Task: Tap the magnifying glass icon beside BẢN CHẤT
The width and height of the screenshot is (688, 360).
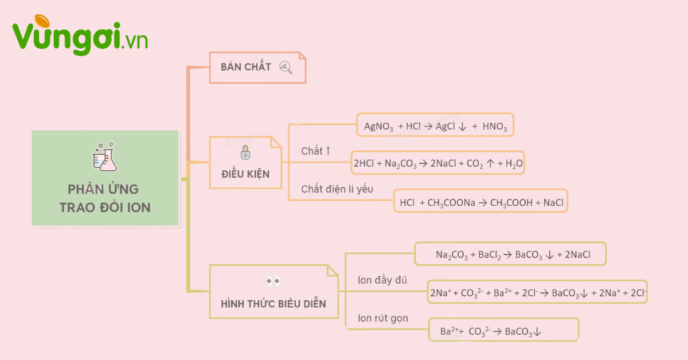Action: point(286,67)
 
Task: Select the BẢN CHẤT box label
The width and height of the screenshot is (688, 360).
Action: point(246,67)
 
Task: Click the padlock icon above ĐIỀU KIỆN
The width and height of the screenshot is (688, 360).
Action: point(245,152)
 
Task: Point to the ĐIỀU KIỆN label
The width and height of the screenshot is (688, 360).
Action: point(245,174)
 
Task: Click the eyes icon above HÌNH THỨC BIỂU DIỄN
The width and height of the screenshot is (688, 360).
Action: point(273,281)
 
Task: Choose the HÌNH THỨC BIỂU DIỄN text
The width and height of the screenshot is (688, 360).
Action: point(273,304)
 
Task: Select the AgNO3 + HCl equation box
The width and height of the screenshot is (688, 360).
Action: point(435,125)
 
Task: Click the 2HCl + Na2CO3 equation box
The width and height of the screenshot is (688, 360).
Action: point(438,163)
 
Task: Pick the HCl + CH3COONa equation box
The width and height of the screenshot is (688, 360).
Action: point(480,202)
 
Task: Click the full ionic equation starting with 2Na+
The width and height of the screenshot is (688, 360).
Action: point(538,293)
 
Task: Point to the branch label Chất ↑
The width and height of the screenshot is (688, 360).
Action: point(316,151)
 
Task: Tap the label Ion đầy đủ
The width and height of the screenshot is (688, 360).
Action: point(382,280)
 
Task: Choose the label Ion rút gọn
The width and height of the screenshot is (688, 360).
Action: point(382,318)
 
